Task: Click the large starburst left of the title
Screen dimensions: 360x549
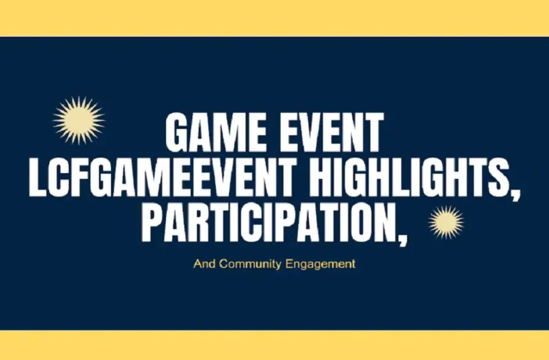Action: [78, 120]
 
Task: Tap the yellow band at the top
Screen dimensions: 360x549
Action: [274, 18]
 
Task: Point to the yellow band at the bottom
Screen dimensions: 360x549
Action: [274, 345]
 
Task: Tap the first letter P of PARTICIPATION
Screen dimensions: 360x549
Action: [152, 223]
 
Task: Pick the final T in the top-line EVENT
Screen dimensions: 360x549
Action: [373, 133]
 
